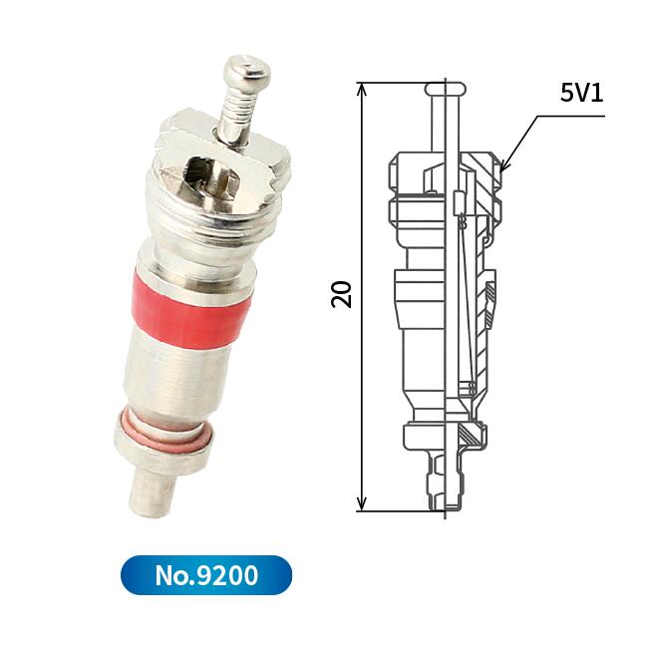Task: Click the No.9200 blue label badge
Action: (206, 575)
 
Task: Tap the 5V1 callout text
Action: (581, 93)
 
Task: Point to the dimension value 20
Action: (341, 294)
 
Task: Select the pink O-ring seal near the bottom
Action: (165, 431)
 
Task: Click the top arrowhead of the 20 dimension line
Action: (362, 89)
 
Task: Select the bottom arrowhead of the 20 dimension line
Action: (362, 504)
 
